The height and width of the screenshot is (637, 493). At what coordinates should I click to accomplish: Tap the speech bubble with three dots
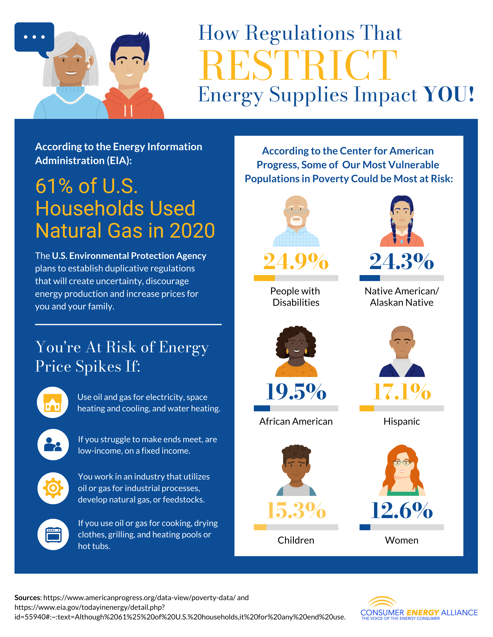[34, 37]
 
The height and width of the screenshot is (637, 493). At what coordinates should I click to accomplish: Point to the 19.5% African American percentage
[296, 391]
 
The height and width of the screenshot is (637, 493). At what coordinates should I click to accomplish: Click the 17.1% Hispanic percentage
[402, 391]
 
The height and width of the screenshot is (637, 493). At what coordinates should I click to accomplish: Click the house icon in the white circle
[53, 402]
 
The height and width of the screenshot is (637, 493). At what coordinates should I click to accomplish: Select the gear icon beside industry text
[53, 488]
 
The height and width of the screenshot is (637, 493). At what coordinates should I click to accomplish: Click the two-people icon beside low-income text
[53, 445]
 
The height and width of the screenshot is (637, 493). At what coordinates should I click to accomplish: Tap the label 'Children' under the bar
[296, 540]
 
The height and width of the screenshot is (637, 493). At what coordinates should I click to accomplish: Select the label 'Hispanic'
[402, 421]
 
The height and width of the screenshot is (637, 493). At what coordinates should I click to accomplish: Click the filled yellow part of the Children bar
[260, 527]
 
